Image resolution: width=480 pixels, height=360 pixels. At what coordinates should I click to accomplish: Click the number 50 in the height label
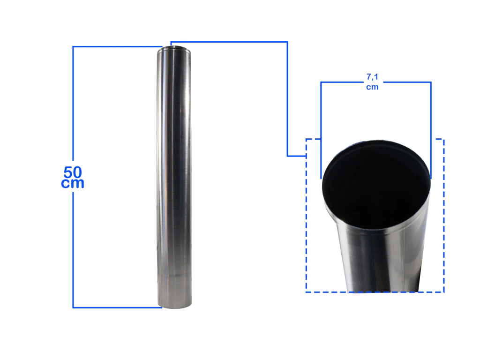[73, 172]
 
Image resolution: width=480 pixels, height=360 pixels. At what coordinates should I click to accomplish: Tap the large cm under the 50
[73, 183]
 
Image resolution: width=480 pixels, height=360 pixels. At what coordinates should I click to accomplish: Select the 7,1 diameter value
[372, 76]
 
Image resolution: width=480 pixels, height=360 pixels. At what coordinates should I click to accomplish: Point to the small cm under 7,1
[372, 87]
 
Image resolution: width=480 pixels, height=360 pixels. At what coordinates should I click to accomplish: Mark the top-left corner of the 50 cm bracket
[73, 47]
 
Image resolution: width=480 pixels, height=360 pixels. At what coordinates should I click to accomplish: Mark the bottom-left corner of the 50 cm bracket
[73, 307]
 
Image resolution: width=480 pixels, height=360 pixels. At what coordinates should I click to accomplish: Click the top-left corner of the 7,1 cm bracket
[321, 82]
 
